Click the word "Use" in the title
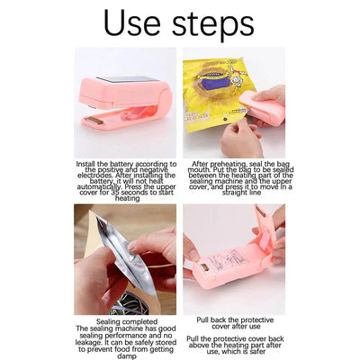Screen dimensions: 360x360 (132, 22)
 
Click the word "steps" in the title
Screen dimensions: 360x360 (213, 25)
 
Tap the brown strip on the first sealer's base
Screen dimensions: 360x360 (94, 121)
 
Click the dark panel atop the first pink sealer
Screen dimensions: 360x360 (128, 79)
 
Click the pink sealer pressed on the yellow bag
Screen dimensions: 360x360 (262, 108)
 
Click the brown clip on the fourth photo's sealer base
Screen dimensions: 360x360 (204, 266)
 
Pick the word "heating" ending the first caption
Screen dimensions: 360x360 (128, 199)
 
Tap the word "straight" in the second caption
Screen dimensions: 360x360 (235, 193)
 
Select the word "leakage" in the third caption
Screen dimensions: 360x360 (89, 343)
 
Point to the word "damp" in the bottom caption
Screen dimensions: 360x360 (127, 356)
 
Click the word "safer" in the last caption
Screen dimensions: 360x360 (256, 351)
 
